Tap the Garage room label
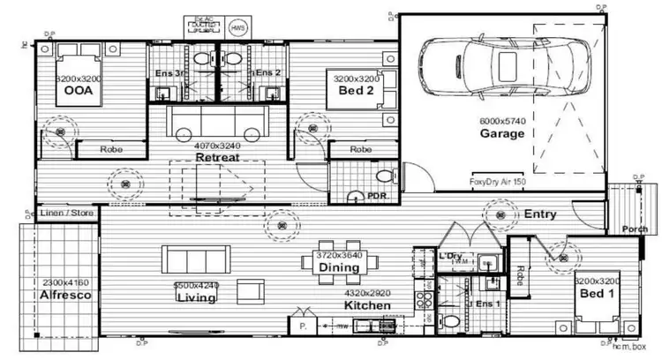[502, 134]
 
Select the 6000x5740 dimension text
[502, 121]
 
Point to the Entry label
[540, 214]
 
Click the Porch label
[635, 230]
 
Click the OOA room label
[79, 91]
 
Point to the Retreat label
[217, 157]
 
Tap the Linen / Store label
[66, 214]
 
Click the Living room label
[196, 297]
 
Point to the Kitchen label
[367, 304]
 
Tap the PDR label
[378, 196]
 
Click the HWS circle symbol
[238, 28]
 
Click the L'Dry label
[449, 255]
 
